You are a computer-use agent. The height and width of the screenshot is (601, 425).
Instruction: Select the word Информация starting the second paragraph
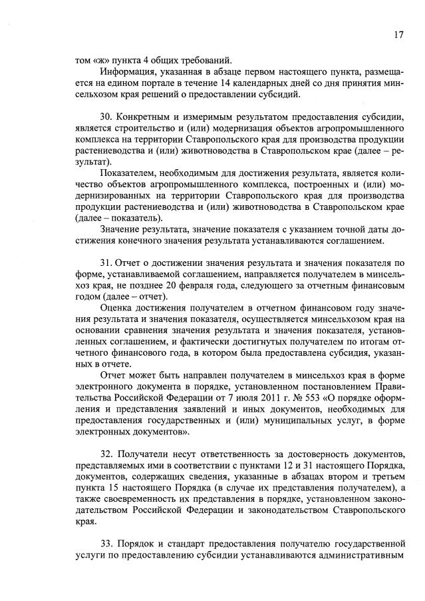(126, 71)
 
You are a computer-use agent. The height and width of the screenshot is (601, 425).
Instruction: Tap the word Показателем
(127, 173)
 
